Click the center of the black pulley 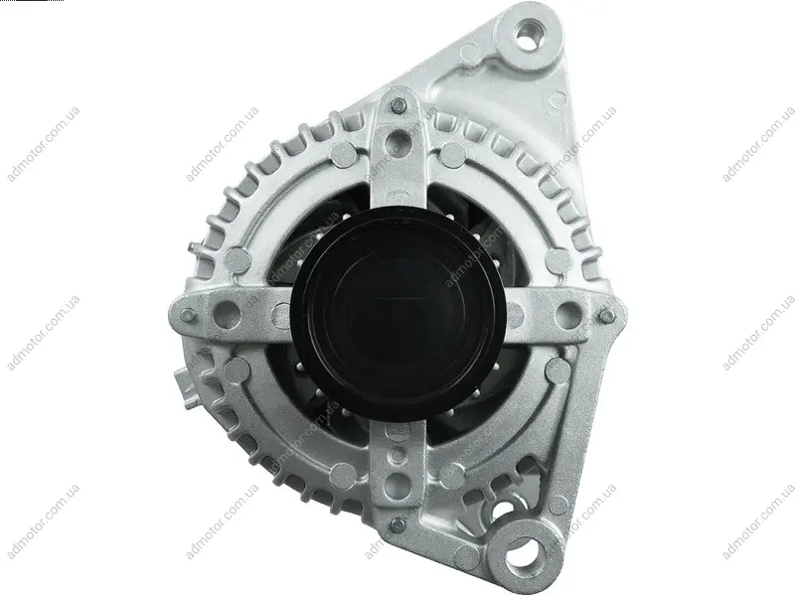398,314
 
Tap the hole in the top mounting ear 528,36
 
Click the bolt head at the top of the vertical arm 398,106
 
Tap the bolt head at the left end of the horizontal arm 188,315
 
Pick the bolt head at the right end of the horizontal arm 606,317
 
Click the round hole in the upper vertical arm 397,141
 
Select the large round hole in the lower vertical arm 397,487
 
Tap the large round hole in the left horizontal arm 227,314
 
